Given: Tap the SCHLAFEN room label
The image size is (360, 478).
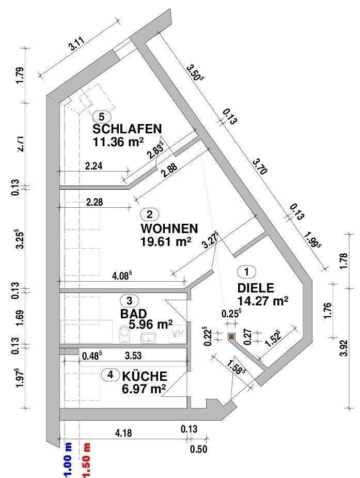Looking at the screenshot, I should tap(127, 129).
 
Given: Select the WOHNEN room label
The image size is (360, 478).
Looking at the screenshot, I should tap(169, 228).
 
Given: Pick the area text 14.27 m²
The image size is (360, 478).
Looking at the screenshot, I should tap(262, 300).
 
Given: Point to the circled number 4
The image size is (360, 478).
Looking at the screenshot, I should tap(109, 375).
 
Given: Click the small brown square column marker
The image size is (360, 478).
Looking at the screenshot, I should tap(231, 337).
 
